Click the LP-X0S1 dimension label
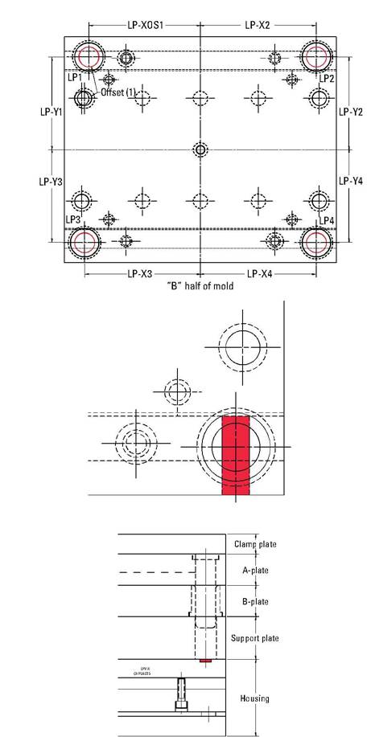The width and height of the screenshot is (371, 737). tap(145, 26)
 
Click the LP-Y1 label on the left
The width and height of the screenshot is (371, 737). tap(52, 113)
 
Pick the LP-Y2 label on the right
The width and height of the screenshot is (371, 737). tap(351, 113)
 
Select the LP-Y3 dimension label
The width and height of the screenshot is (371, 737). tap(52, 182)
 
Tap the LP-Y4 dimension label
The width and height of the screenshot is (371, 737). tap(351, 182)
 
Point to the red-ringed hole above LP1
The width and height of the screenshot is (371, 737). tap(88, 57)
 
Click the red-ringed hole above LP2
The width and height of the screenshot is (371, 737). tap(316, 57)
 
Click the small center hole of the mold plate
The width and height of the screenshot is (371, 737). tap(200, 149)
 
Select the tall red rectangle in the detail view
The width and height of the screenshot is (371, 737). tap(236, 454)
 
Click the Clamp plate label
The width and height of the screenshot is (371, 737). tap(255, 544)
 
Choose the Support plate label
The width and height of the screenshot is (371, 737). tap(254, 638)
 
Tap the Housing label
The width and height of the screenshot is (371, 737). tap(254, 698)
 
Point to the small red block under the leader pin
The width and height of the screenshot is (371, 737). tap(205, 661)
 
